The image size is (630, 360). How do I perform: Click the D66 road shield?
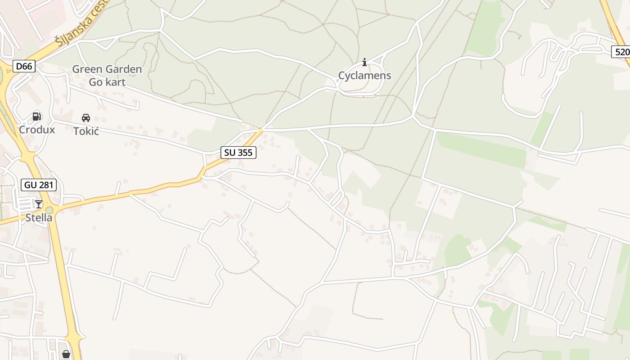(24, 67)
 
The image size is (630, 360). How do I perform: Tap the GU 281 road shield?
(39, 184)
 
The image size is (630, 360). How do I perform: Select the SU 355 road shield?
(238, 153)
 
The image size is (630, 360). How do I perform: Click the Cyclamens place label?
(364, 76)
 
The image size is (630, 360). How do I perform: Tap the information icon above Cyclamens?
(364, 62)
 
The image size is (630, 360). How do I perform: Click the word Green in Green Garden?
(86, 69)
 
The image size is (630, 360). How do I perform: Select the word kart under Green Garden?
(115, 82)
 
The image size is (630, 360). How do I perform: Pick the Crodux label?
(37, 130)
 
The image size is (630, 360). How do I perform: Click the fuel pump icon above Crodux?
(36, 117)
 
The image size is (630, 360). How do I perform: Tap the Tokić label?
(86, 131)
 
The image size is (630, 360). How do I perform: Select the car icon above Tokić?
(85, 118)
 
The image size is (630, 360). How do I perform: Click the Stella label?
(39, 218)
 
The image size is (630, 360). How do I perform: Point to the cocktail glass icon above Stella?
(39, 204)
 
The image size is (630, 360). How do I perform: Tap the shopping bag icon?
(66, 355)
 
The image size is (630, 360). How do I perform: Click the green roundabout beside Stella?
(49, 210)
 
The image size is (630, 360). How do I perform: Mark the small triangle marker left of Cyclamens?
(337, 81)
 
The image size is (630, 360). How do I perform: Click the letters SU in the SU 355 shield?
(230, 153)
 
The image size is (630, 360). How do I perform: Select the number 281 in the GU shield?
(45, 184)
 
